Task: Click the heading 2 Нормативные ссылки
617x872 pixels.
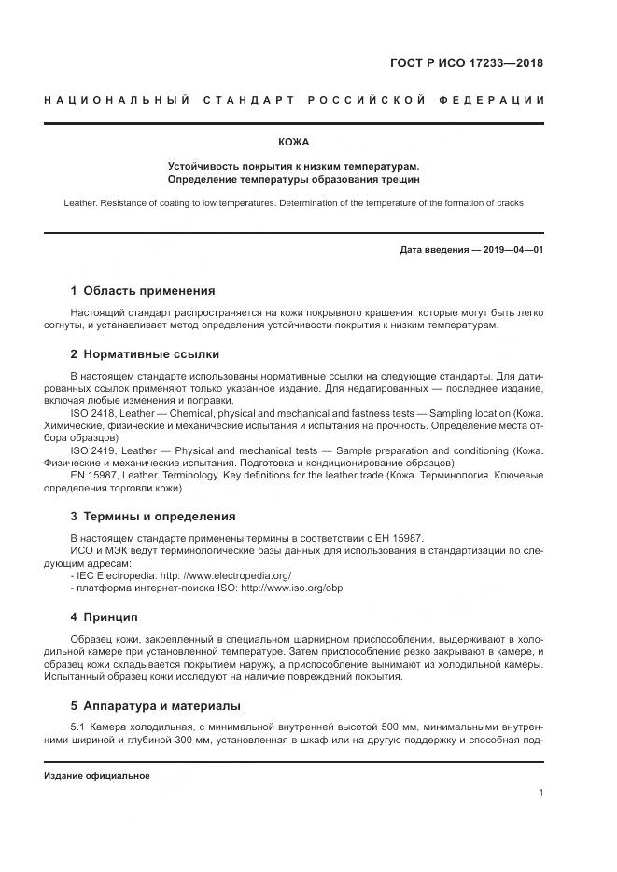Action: (145, 354)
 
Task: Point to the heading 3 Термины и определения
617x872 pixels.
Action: (152, 516)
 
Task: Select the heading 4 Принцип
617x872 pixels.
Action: (104, 616)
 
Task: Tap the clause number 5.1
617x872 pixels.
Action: (78, 726)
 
